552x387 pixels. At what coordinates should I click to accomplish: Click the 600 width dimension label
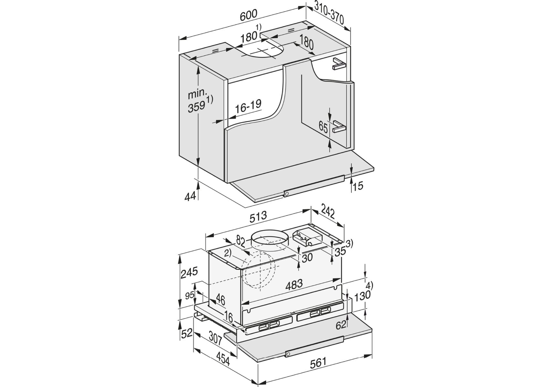point(248,15)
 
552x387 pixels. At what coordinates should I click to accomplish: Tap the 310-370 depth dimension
point(329,14)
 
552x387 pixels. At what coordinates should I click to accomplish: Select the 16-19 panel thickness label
point(248,106)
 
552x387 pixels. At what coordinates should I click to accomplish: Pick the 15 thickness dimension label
point(358,186)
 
